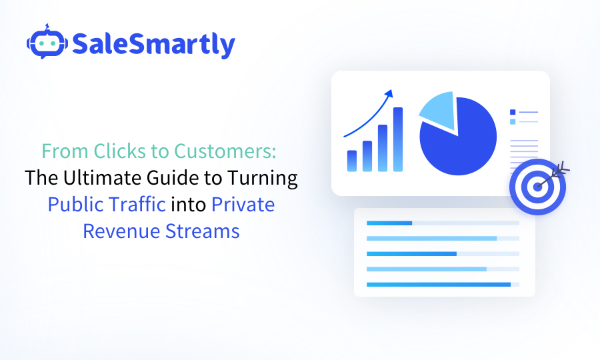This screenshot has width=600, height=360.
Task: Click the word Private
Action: (x=243, y=204)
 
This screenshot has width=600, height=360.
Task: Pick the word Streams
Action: (x=205, y=231)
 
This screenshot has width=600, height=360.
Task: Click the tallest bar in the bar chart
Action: (x=398, y=139)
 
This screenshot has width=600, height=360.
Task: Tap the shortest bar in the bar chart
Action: (x=352, y=161)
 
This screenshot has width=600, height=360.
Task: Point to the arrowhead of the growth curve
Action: (x=390, y=93)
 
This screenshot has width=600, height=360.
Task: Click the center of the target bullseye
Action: (x=537, y=187)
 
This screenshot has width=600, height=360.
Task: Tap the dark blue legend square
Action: (x=513, y=112)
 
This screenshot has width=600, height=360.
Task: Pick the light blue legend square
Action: (x=513, y=121)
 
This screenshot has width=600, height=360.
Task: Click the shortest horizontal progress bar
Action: (x=389, y=223)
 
